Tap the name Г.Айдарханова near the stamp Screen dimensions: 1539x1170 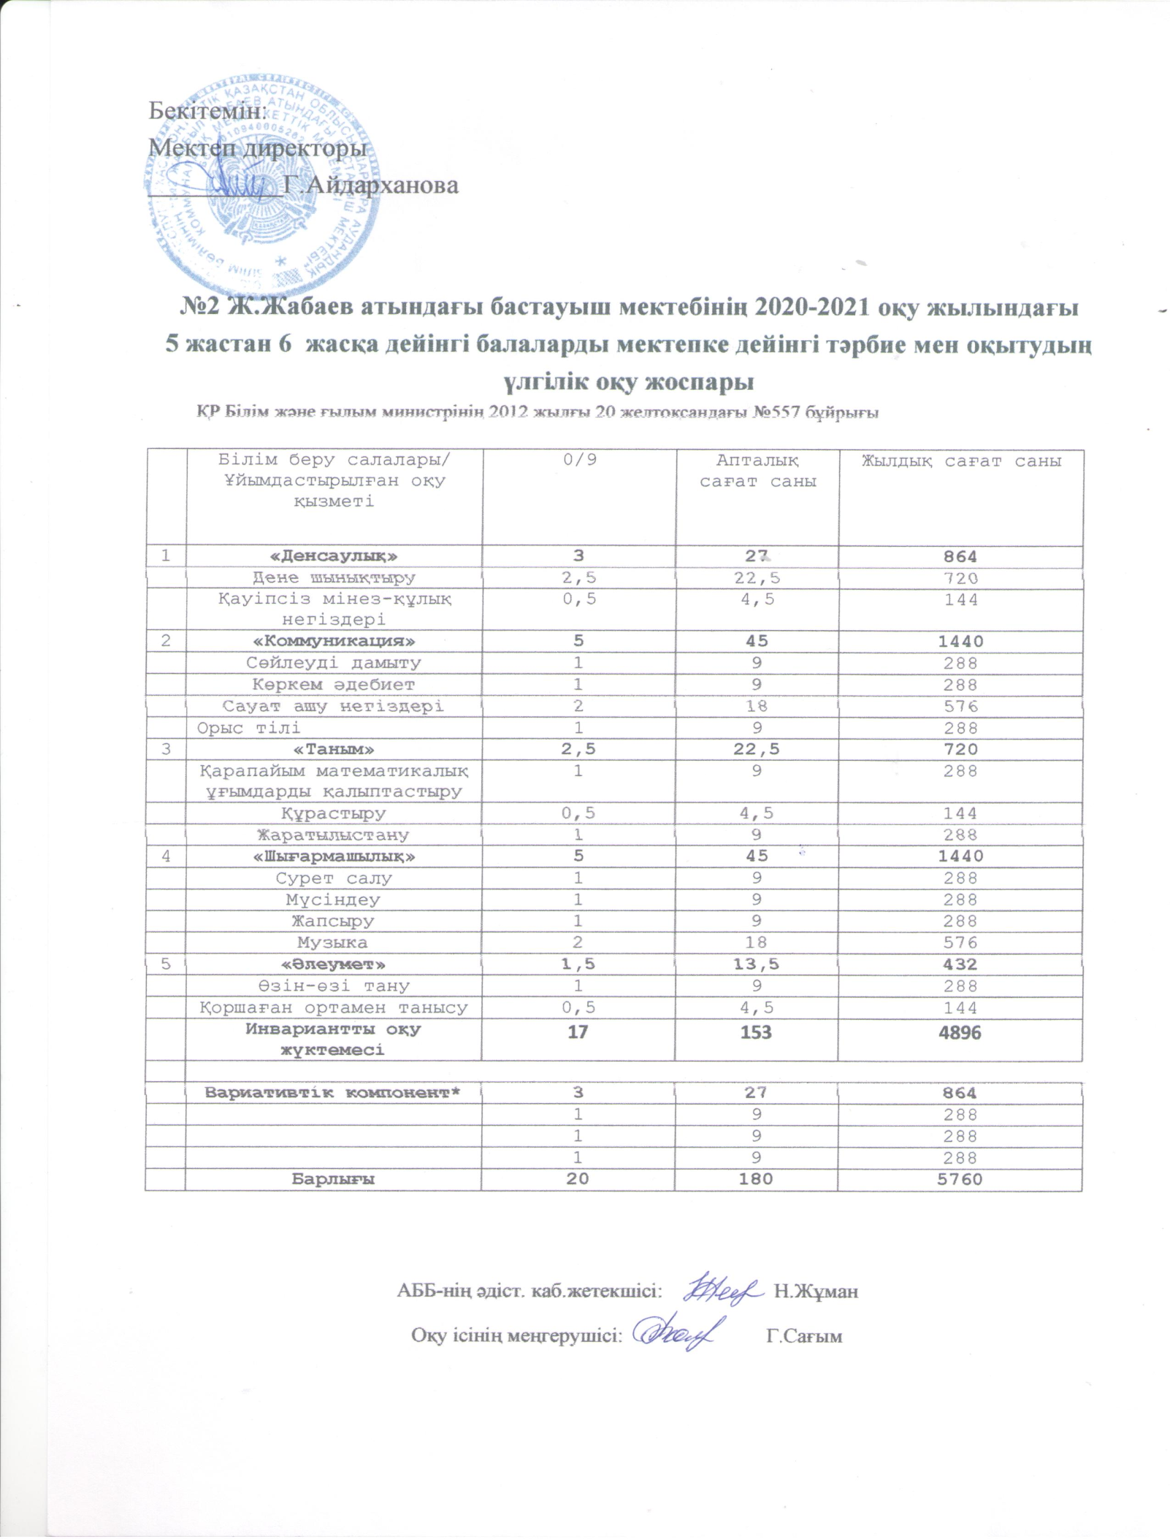pyautogui.click(x=371, y=185)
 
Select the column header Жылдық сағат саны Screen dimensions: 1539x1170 pyautogui.click(x=961, y=461)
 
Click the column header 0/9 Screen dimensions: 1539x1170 pyautogui.click(x=578, y=461)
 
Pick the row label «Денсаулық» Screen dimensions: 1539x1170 pyautogui.click(x=334, y=556)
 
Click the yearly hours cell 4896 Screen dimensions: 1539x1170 pyautogui.click(x=960, y=1032)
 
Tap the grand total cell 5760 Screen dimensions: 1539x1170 pyautogui.click(x=960, y=1179)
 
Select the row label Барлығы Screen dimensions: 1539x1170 pyautogui.click(x=334, y=1179)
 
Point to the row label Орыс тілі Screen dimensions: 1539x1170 pyautogui.click(x=249, y=728)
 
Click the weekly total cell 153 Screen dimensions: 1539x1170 pyautogui.click(x=755, y=1032)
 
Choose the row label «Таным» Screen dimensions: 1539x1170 pyautogui.click(x=334, y=749)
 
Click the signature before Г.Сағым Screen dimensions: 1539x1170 pyautogui.click(x=679, y=1333)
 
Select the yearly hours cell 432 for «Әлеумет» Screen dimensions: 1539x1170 pyautogui.click(x=960, y=964)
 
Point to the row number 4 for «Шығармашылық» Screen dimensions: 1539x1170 pyautogui.click(x=167, y=856)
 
